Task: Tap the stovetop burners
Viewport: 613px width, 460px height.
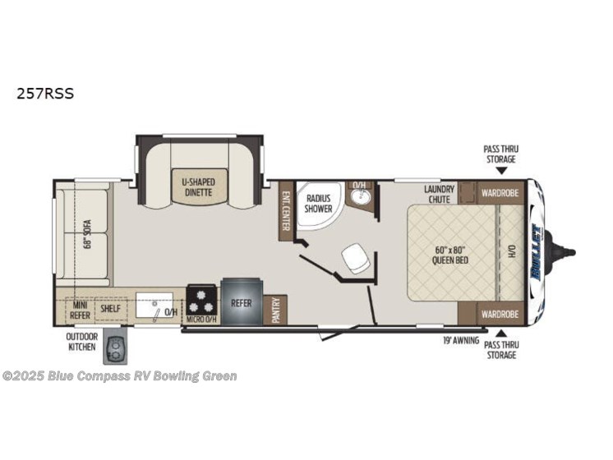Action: [x=201, y=295]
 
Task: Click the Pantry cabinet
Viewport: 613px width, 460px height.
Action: [x=277, y=310]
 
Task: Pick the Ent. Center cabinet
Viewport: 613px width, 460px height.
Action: [x=286, y=210]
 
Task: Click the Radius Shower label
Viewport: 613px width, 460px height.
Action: [x=318, y=204]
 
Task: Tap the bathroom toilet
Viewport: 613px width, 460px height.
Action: [x=357, y=259]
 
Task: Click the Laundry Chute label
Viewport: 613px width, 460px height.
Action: [x=440, y=195]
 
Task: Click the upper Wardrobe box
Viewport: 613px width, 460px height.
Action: [x=500, y=194]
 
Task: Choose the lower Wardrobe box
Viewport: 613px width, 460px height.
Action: [x=500, y=314]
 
